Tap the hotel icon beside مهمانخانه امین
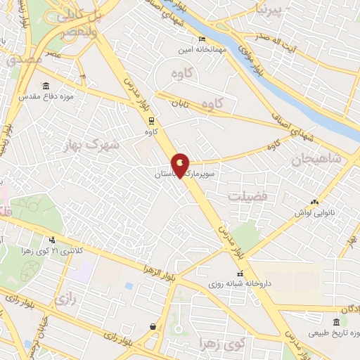201,39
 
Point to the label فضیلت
247,196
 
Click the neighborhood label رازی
63,298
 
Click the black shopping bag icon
153,326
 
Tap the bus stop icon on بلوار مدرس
151,120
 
